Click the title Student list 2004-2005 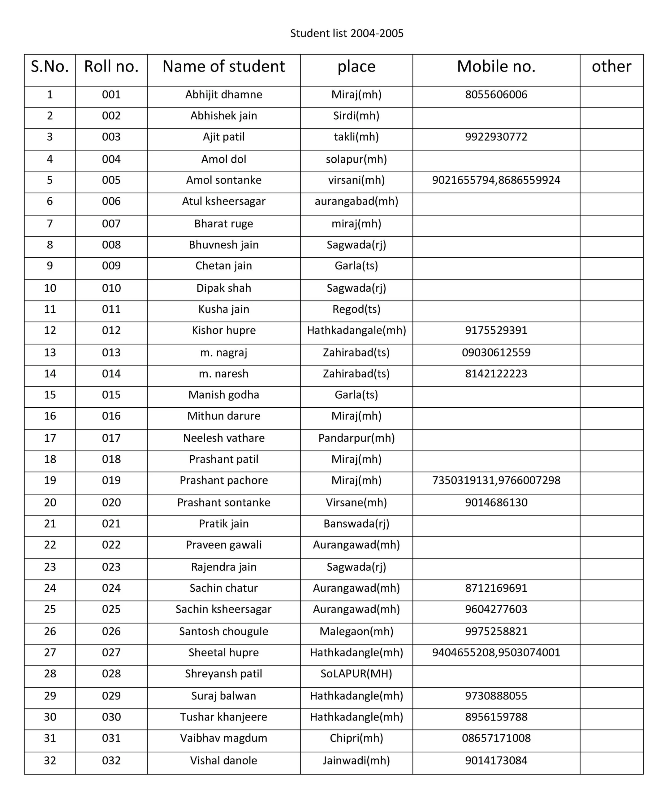(347, 33)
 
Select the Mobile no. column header (496, 67)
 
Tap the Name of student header (224, 67)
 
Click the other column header (611, 67)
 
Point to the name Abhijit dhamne (224, 94)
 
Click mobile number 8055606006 (496, 94)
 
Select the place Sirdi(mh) (356, 116)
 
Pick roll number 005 (111, 180)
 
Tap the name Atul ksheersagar (224, 201)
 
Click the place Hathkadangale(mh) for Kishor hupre (356, 331)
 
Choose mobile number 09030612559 (496, 353)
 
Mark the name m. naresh (224, 374)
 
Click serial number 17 (50, 438)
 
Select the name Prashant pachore (224, 480)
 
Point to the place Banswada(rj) (356, 524)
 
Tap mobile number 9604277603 (496, 609)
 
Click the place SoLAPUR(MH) (356, 674)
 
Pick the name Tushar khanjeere (224, 717)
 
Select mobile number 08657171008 (496, 738)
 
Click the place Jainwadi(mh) (356, 760)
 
